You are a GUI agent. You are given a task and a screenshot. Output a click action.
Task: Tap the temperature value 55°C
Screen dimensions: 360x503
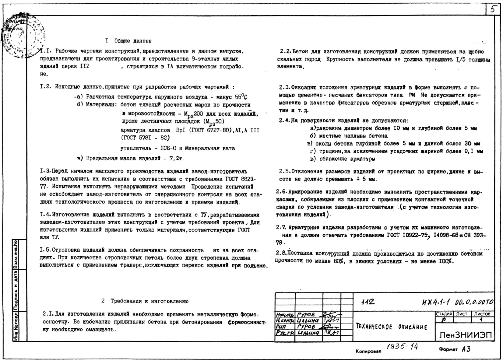tap(241, 97)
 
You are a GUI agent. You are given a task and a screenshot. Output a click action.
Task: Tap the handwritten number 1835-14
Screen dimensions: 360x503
tap(403, 347)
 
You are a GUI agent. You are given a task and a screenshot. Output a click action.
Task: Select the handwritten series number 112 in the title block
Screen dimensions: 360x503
tap(368, 302)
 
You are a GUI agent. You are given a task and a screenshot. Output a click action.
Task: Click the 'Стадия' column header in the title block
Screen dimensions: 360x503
tap(444, 314)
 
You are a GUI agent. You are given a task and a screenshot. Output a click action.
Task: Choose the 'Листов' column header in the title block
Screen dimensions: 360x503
tap(483, 314)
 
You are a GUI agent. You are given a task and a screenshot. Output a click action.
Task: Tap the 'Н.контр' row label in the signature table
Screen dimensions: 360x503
tap(285, 320)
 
